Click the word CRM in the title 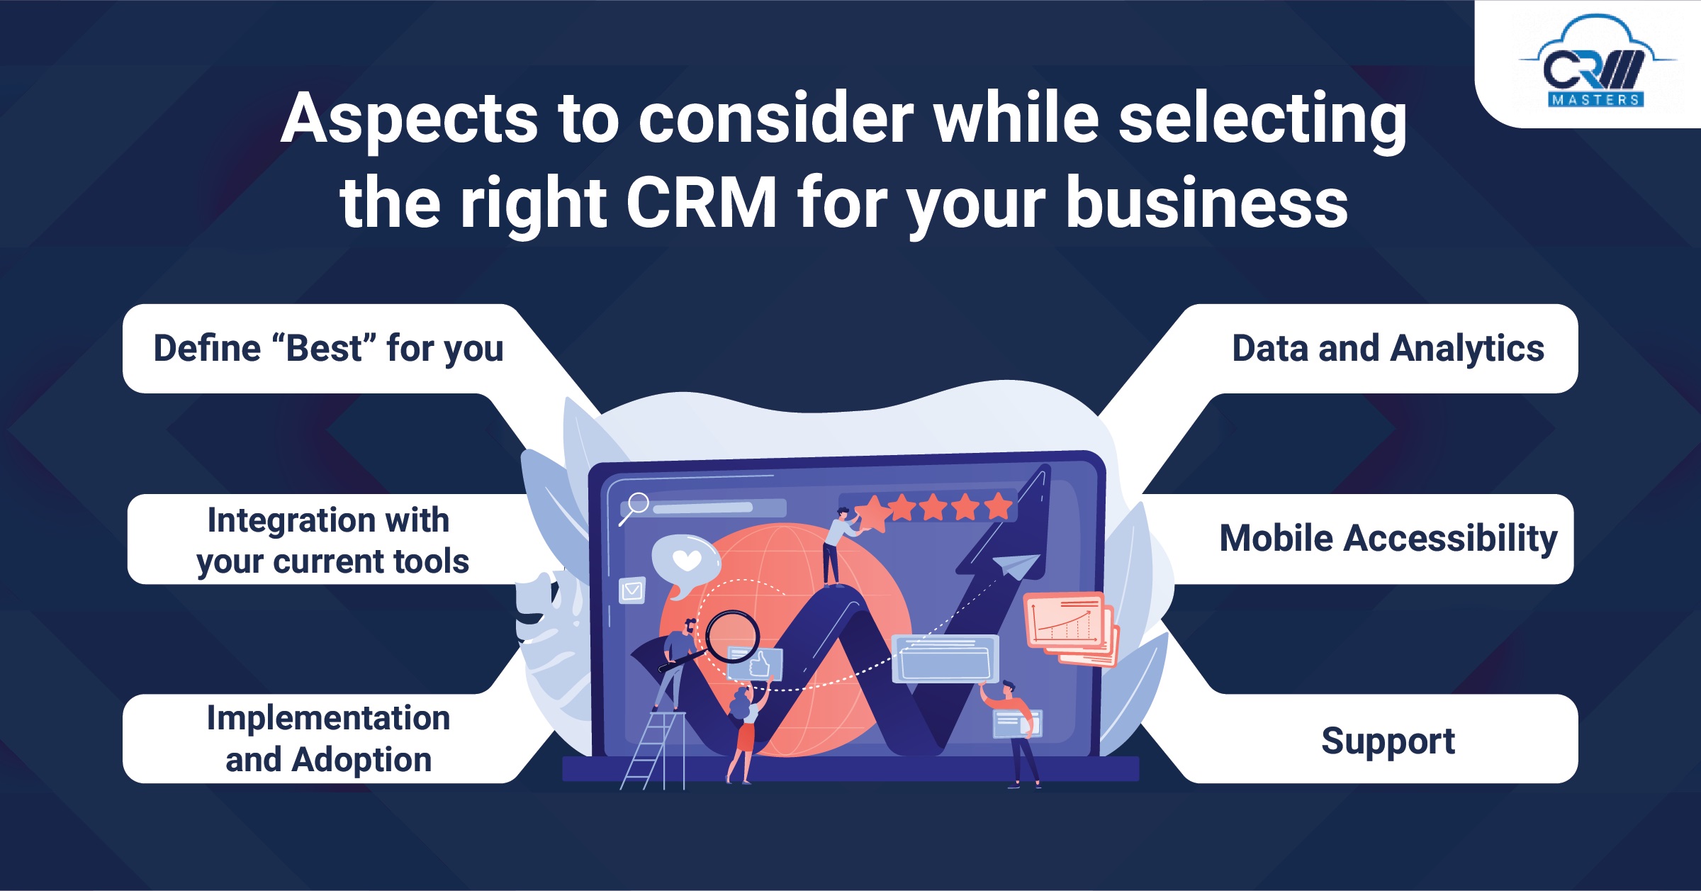point(702,203)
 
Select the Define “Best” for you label point(328,349)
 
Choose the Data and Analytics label point(1388,349)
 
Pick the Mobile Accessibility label point(1388,538)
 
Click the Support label point(1388,741)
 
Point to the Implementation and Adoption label point(328,739)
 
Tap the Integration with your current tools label point(332,540)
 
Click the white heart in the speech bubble point(687,560)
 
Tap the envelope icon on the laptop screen point(631,590)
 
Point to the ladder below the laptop point(653,750)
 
